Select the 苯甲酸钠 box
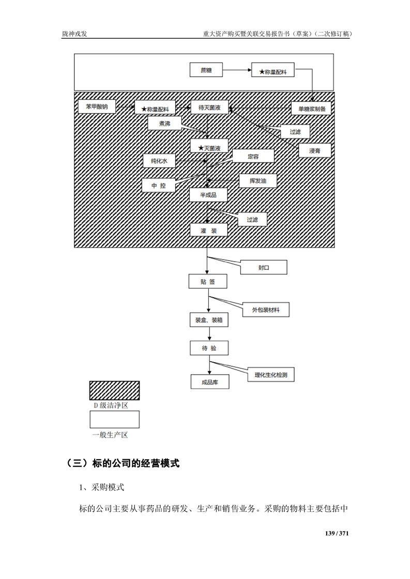tap(97, 107)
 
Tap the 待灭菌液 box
tap(209, 107)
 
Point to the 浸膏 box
tap(314, 150)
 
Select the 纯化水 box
tap(159, 161)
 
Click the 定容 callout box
tap(253, 156)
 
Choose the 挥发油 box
tap(257, 181)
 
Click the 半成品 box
tap(208, 195)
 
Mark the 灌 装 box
tap(208, 230)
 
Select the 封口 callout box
tap(264, 268)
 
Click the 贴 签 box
tap(208, 282)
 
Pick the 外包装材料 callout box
tap(266, 310)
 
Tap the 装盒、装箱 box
tap(209, 320)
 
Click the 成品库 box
tap(209, 382)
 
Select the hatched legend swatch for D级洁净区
tap(114, 391)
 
